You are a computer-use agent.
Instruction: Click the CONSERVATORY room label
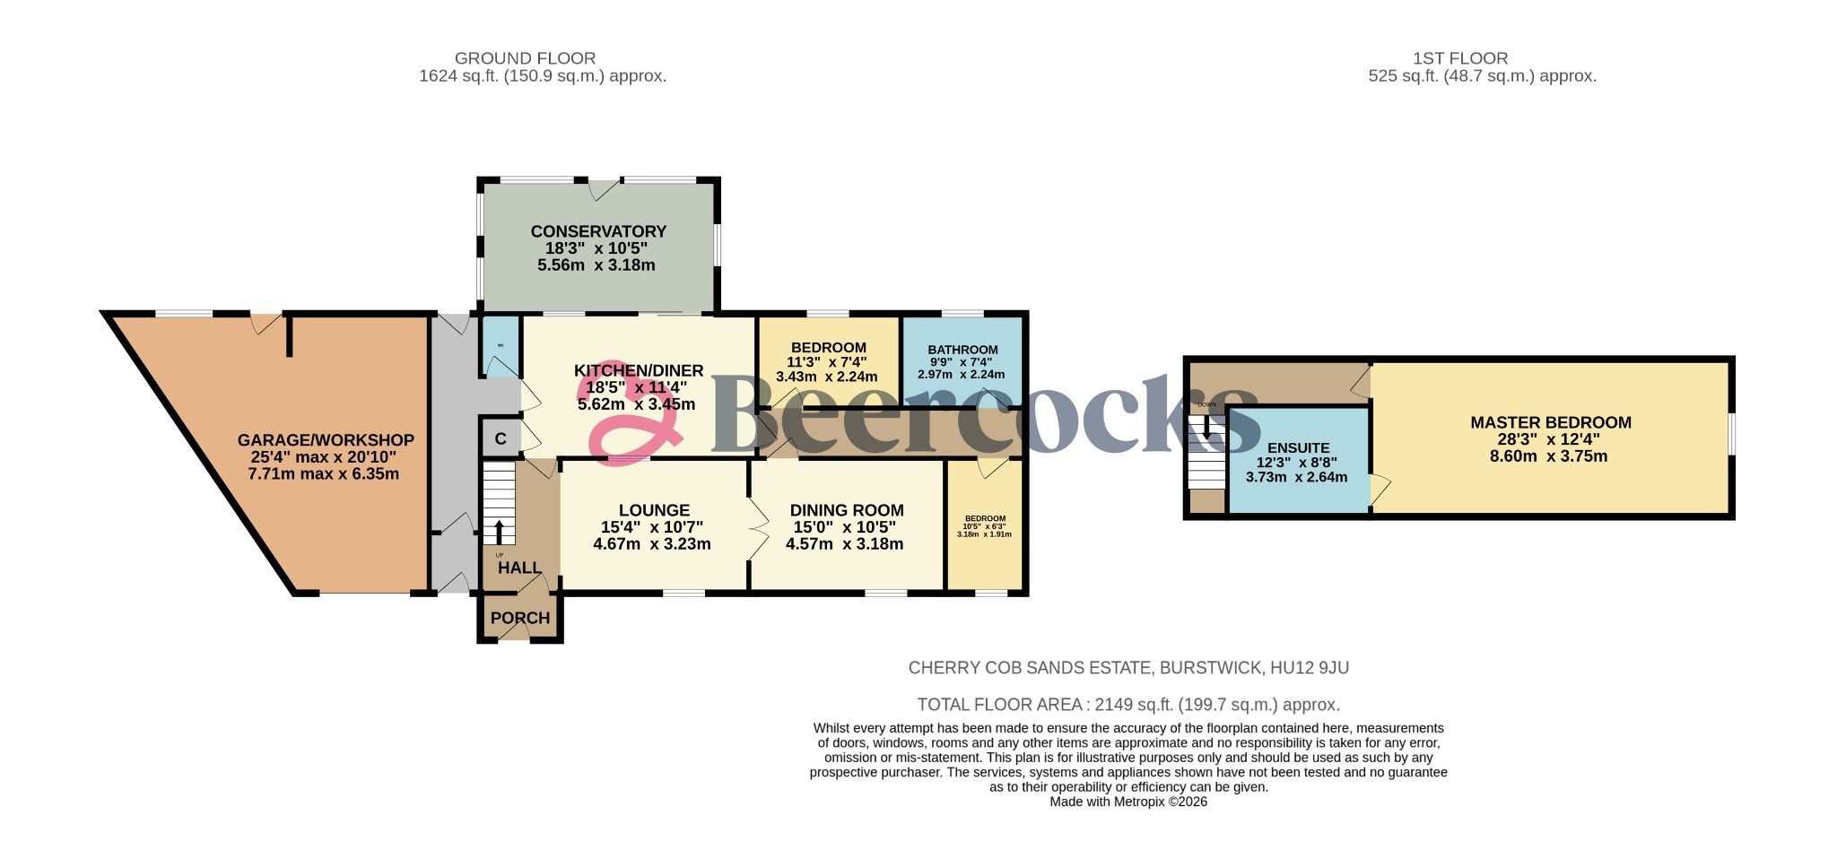(x=598, y=231)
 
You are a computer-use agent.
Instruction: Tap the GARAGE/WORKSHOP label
(x=326, y=440)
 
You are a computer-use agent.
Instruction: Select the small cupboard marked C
(x=501, y=438)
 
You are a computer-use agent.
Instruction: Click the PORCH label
(x=520, y=618)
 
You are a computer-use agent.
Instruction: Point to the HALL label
(x=519, y=568)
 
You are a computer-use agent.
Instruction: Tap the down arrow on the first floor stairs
(x=1206, y=429)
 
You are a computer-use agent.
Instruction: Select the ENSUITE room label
(x=1298, y=447)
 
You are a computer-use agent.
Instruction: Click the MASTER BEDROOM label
(x=1550, y=422)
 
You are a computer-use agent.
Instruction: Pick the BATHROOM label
(x=962, y=350)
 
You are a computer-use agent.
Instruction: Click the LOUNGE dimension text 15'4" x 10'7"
(x=652, y=527)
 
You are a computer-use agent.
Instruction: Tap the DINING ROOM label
(x=846, y=510)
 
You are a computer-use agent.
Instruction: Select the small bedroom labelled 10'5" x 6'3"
(x=985, y=525)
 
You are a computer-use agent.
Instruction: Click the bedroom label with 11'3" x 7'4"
(x=828, y=348)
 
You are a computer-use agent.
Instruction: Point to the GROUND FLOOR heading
(x=525, y=58)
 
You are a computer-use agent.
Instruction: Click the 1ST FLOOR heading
(x=1460, y=58)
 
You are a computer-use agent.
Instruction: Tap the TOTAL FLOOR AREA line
(x=1127, y=705)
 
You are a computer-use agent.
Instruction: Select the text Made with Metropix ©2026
(x=1128, y=802)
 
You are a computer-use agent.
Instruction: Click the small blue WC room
(x=501, y=345)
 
